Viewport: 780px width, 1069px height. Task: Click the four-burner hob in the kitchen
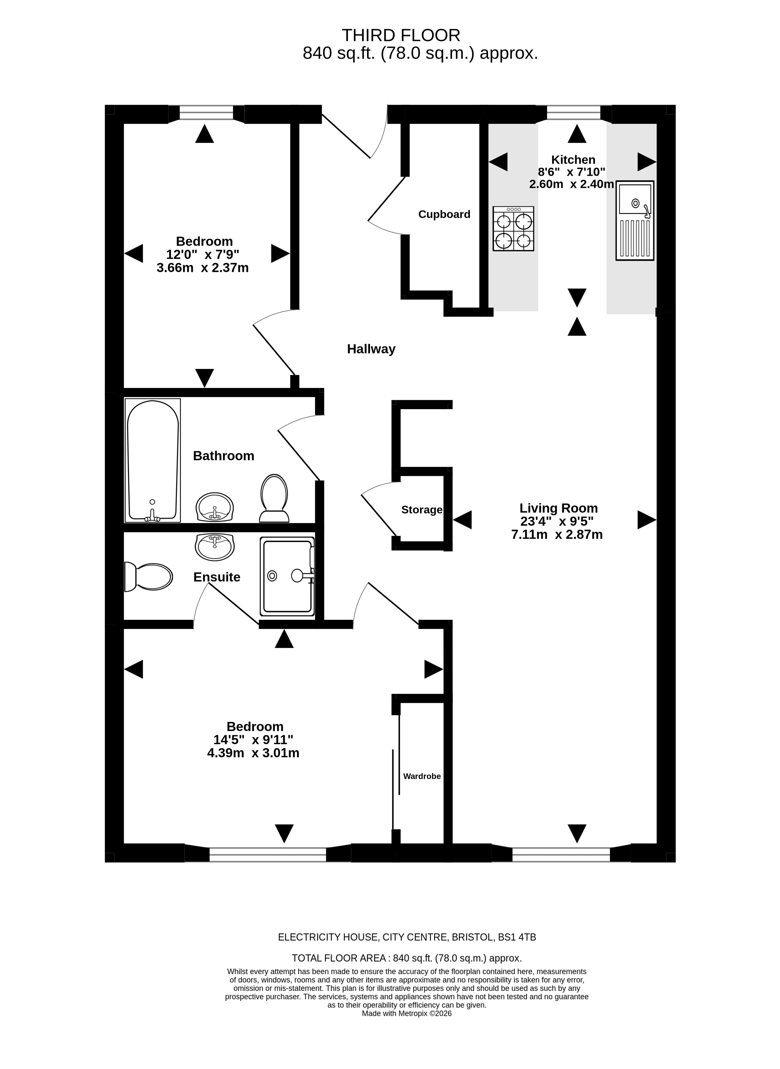[x=513, y=228]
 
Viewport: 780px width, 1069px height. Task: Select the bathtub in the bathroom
[x=153, y=461]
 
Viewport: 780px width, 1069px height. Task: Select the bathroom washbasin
[x=215, y=507]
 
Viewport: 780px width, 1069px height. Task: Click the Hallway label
[x=371, y=349]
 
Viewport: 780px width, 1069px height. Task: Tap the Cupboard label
[x=444, y=215]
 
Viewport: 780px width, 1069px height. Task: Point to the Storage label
[x=422, y=510]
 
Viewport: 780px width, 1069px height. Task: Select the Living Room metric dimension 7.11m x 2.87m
[x=557, y=534]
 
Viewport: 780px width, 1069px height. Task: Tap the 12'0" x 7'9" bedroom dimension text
[x=203, y=255]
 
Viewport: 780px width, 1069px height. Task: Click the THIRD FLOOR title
[x=401, y=35]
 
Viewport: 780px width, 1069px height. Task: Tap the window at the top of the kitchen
[x=574, y=113]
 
